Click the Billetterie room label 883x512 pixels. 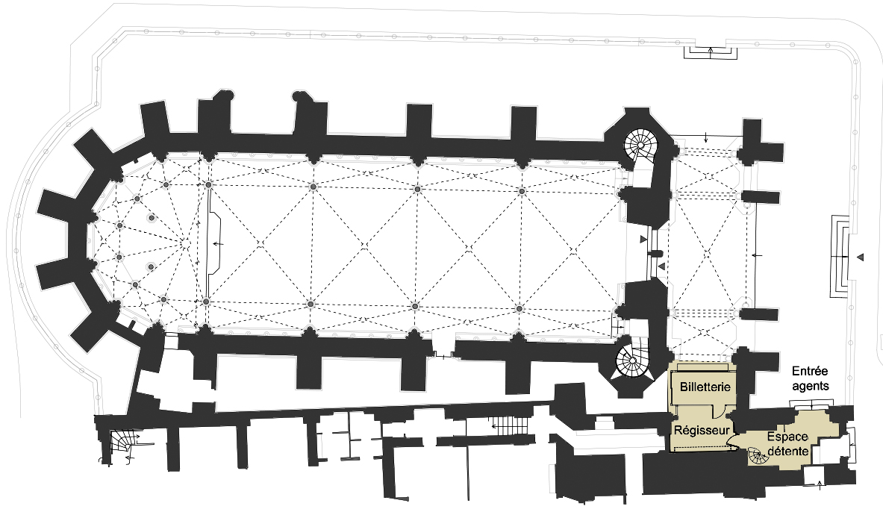(705, 387)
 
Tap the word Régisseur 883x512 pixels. (702, 431)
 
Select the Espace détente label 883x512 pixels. (787, 444)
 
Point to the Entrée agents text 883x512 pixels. (811, 378)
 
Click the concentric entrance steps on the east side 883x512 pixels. (840, 256)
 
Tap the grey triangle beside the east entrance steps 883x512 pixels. (859, 257)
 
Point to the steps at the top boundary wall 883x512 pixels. (711, 51)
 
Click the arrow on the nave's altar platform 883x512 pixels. (216, 244)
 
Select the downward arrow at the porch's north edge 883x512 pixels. (706, 137)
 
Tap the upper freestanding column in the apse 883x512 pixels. (151, 218)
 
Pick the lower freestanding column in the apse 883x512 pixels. (150, 266)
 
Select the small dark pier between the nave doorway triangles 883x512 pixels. (654, 254)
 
